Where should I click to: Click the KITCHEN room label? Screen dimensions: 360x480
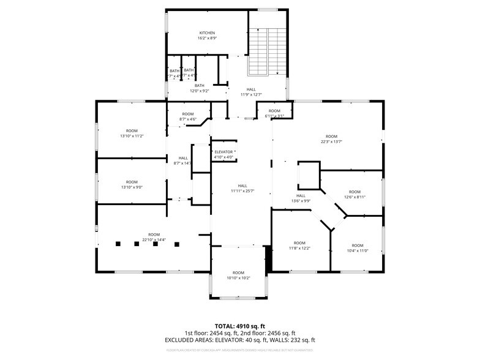pos(207,32)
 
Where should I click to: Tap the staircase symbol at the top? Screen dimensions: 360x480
pos(268,50)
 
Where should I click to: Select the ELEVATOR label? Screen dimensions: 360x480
pos(223,152)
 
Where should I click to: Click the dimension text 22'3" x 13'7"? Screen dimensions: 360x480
pos(331,142)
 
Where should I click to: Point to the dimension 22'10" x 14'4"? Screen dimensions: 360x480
pos(154,240)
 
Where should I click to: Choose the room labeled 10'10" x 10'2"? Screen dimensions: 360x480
pos(238,276)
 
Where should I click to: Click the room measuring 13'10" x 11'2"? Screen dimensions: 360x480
pos(132,133)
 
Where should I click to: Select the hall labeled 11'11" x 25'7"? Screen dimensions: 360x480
pos(242,189)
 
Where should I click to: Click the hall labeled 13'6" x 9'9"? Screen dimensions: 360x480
pos(301,198)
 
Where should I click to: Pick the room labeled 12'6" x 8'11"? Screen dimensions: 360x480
pos(354,195)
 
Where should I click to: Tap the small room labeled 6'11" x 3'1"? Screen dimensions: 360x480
pos(274,113)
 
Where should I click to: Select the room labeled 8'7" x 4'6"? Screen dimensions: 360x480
pos(187,116)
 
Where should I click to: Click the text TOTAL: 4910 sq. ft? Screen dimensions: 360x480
pos(239,325)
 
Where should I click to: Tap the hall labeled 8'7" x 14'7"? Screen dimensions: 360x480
pos(183,160)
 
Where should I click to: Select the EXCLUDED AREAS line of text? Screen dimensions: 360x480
pos(239,340)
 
